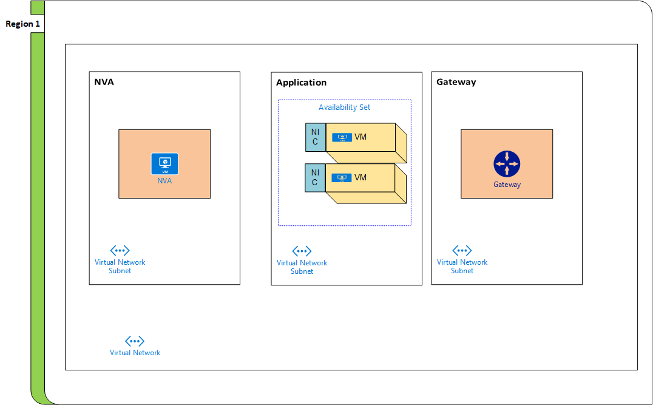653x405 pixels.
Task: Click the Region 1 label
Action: tap(22, 24)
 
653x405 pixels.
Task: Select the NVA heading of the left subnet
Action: tap(104, 82)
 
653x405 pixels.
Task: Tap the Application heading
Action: tap(301, 83)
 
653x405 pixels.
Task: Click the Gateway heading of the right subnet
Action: tap(456, 82)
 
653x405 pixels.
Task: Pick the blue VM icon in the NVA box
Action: tap(164, 164)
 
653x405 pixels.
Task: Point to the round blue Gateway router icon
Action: tap(507, 164)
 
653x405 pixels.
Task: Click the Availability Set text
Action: tap(344, 107)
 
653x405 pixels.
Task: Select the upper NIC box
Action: tap(315, 137)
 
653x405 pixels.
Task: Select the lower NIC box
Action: tap(315, 178)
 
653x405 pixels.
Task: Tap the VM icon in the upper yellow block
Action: tap(342, 137)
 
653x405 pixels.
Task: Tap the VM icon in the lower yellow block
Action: tap(342, 178)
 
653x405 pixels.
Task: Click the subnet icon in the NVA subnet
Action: tap(120, 250)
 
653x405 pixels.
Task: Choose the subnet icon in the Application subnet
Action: tap(302, 251)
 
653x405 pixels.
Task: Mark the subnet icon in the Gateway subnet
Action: tap(462, 250)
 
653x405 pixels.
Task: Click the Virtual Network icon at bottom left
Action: tap(135, 341)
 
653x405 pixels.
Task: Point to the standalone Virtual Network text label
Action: tap(135, 353)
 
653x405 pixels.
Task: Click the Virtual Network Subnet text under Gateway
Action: tap(462, 267)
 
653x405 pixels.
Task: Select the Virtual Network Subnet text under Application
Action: tap(302, 267)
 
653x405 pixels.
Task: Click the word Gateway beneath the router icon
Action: tap(507, 185)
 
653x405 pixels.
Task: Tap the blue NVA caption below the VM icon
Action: tap(164, 181)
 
